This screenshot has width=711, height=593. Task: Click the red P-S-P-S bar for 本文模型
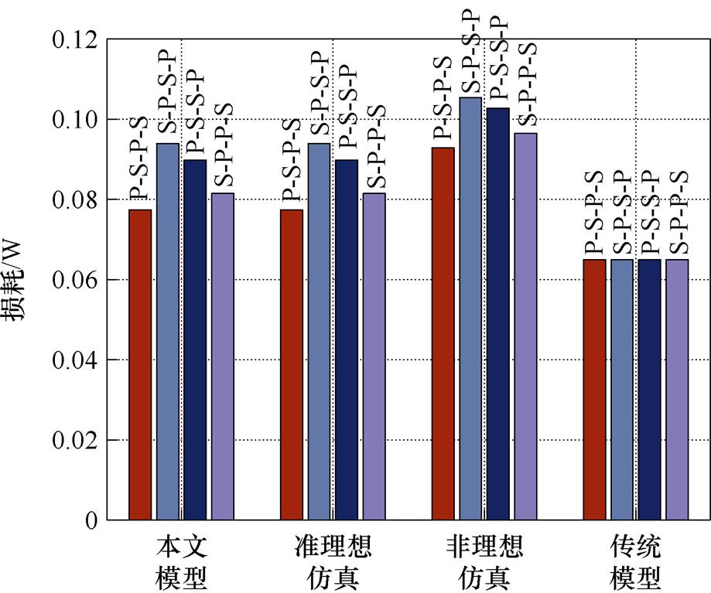140,365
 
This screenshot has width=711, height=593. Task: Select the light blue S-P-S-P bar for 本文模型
168,332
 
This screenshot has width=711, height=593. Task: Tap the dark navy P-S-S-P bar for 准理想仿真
347,339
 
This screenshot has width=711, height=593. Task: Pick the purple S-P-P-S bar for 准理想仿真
374,356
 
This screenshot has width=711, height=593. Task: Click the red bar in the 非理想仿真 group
443,334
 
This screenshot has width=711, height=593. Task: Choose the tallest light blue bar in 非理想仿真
470,308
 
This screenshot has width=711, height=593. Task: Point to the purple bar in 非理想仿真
525,326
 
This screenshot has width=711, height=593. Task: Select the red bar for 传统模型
594,390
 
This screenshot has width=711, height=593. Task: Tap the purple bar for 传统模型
677,390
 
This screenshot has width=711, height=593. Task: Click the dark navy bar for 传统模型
649,390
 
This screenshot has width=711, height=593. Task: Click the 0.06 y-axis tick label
75,280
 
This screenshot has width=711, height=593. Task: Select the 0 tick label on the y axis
91,520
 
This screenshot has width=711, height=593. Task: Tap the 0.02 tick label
75,441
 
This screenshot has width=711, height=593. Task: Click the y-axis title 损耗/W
13,281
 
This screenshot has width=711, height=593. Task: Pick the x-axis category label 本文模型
181,562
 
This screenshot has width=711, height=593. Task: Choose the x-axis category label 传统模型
635,562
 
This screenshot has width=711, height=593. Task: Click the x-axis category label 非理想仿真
484,562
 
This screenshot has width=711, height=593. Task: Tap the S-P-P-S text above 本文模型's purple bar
224,145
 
